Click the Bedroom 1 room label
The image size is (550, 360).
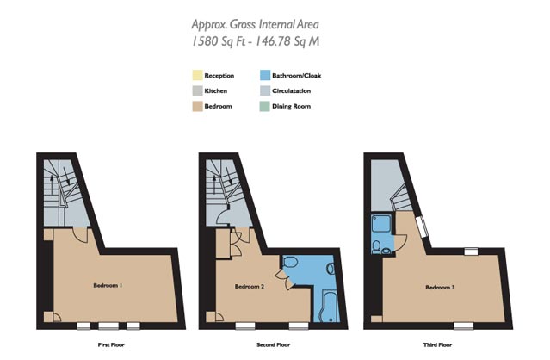[108, 286]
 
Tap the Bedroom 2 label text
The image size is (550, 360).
[250, 287]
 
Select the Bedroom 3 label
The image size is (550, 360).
[440, 288]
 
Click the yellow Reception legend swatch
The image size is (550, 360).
[197, 76]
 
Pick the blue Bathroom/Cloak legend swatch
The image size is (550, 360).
[265, 76]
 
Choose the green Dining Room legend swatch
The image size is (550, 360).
[265, 106]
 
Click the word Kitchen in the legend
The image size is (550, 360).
[216, 91]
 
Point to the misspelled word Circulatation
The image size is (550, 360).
[292, 91]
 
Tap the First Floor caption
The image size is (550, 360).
[111, 344]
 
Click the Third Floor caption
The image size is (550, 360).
[437, 344]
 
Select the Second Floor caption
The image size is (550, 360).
[273, 344]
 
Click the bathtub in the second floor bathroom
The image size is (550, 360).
[330, 306]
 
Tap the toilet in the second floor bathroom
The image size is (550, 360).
[290, 262]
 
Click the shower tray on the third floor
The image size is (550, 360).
[381, 224]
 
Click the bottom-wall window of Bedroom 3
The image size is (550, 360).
[463, 326]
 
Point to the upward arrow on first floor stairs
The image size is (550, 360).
[52, 185]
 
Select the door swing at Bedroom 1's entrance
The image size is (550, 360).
[81, 235]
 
